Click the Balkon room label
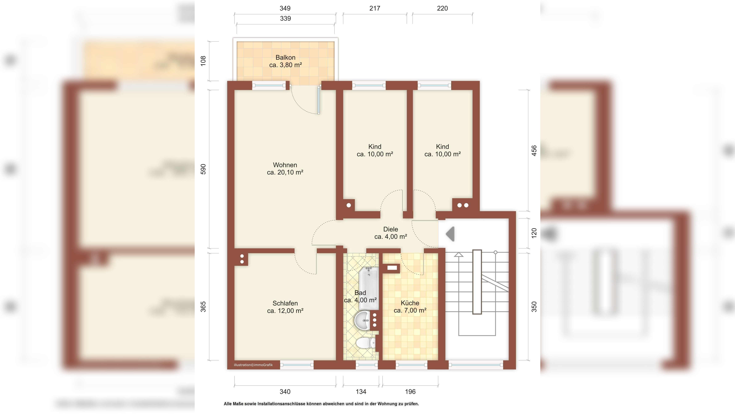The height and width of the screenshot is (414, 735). coord(285,57)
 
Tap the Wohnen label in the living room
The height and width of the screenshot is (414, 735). coord(285,165)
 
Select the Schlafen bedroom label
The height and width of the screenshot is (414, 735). coord(285,303)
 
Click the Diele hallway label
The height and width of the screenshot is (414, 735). coord(391,229)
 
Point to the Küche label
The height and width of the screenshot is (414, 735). coord(410,303)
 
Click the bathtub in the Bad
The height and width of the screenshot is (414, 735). coord(369,288)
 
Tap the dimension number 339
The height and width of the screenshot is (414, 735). coord(285,18)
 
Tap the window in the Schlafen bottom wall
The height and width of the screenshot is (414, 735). coord(297,365)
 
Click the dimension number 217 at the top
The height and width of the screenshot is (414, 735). coord(375,8)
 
